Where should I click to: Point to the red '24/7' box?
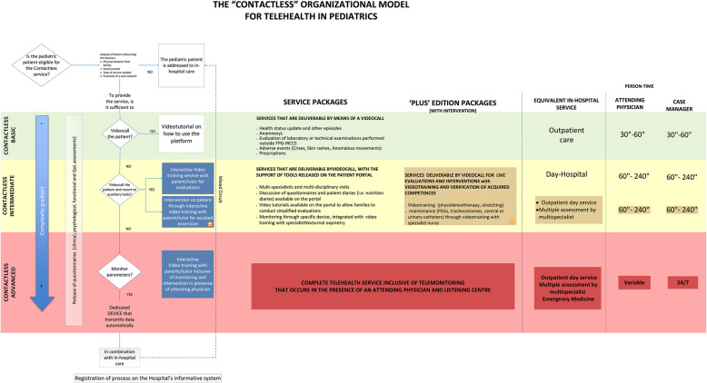(x=683, y=283)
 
